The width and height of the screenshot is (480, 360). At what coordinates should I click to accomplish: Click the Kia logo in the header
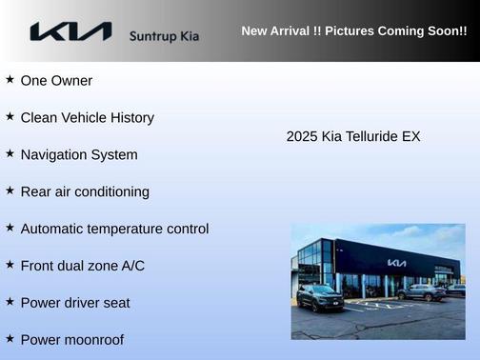(x=70, y=32)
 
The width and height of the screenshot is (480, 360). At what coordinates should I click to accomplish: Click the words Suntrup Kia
(x=165, y=35)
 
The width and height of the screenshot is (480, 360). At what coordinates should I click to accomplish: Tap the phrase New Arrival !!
(x=281, y=30)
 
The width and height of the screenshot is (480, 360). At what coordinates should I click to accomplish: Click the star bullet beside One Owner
(x=10, y=80)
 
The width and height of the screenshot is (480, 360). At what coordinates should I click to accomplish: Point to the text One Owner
(x=56, y=81)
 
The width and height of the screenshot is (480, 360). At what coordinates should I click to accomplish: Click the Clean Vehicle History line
(x=87, y=118)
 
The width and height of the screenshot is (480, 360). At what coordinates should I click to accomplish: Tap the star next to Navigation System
(x=10, y=153)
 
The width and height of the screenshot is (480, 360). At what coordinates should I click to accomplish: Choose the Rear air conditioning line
(x=85, y=192)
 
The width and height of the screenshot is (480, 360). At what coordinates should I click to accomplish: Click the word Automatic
(x=52, y=230)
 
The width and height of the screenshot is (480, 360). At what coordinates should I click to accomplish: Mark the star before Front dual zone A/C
(x=10, y=265)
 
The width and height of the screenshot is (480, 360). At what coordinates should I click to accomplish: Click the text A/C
(x=132, y=266)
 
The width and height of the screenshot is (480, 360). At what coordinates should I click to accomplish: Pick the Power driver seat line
(x=75, y=303)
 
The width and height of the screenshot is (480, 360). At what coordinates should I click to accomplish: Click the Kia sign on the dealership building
(x=396, y=262)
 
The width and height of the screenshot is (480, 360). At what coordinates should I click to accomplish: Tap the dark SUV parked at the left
(x=320, y=298)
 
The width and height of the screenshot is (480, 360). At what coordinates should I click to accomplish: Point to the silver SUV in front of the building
(x=420, y=292)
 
